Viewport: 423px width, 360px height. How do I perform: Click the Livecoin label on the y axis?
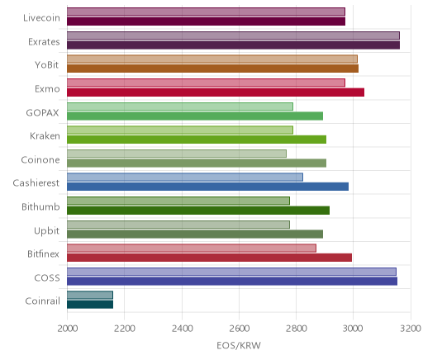[41, 18]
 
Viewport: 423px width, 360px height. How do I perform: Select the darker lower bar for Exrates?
[233, 45]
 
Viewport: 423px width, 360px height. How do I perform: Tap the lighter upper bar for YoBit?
[212, 59]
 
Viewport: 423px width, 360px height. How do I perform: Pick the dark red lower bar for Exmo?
[216, 92]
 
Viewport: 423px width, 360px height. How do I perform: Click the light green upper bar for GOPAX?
[180, 107]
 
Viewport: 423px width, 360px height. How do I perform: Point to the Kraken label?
[45, 136]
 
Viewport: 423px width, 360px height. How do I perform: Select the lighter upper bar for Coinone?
[177, 154]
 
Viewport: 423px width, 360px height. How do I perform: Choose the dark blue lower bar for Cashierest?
[207, 187]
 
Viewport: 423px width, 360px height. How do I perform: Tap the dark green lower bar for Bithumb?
[198, 211]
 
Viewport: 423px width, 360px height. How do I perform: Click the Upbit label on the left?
[46, 231]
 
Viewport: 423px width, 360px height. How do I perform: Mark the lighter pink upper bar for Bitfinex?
[192, 248]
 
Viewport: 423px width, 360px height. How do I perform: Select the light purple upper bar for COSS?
[231, 272]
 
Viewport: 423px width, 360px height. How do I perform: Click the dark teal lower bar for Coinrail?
[90, 305]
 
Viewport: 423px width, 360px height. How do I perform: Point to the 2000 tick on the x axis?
[68, 329]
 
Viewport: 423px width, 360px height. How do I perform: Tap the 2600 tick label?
[239, 329]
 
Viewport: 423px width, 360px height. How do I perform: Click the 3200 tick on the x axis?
[411, 329]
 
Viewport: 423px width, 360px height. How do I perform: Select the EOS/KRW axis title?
[239, 345]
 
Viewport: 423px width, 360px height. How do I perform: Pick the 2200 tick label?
[125, 329]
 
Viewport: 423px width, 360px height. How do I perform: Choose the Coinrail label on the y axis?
[42, 301]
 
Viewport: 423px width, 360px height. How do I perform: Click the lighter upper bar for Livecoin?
[206, 12]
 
